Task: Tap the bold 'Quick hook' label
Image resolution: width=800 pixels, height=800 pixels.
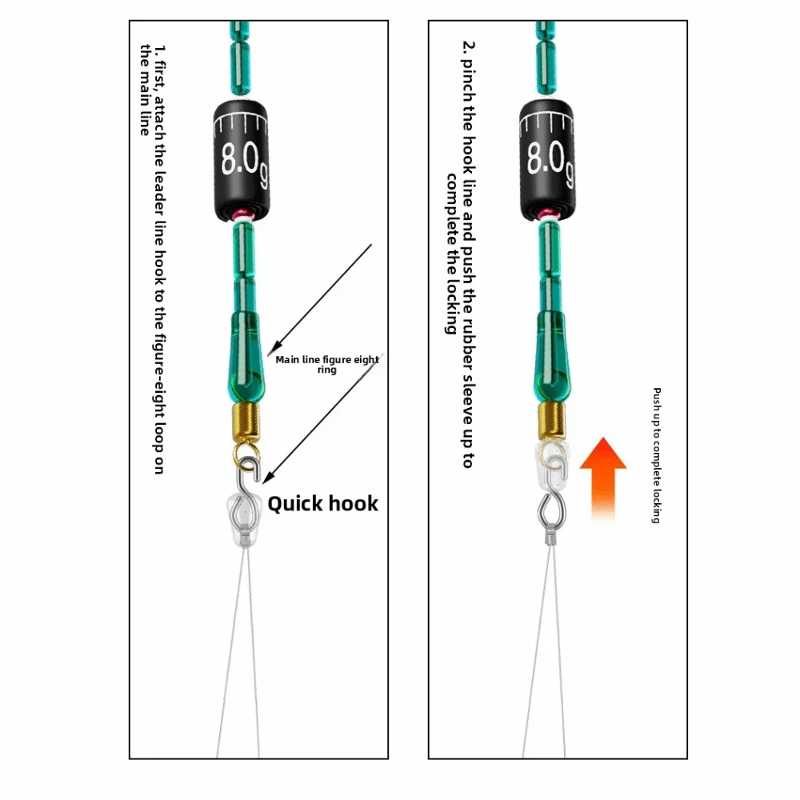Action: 322,503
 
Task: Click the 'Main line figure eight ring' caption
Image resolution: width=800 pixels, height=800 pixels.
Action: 326,365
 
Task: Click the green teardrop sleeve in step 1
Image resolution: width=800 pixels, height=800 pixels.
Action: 246,353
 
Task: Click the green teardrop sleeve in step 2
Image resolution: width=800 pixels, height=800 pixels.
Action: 550,353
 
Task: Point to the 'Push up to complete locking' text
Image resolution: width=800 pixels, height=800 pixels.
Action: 656,455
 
